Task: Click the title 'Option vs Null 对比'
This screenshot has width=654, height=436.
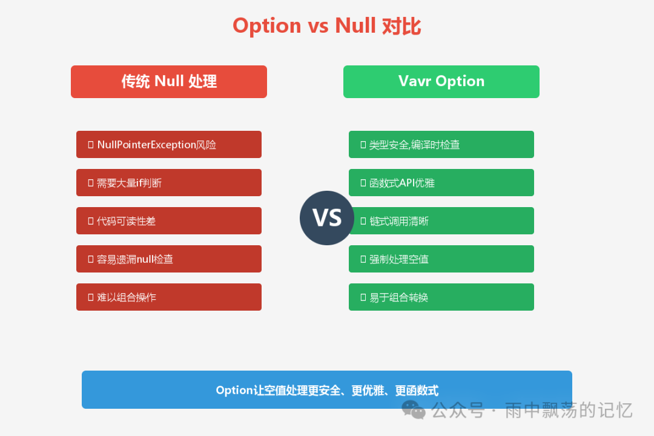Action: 327,26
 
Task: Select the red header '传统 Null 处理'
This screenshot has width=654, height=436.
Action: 169,82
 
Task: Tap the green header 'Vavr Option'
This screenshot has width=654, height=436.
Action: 441,82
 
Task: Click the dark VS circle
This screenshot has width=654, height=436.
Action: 327,218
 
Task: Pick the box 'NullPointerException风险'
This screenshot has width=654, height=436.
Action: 169,145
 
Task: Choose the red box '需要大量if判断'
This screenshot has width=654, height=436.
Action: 169,183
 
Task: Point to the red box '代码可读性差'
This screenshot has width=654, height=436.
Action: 169,221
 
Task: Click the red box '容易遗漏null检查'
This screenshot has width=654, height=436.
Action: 169,259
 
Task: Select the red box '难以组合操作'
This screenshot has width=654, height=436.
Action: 169,297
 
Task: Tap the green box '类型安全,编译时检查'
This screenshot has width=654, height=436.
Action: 441,145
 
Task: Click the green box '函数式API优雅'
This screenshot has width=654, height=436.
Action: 441,183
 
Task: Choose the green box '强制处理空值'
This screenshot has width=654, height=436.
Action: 441,259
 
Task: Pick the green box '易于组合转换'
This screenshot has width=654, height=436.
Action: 441,297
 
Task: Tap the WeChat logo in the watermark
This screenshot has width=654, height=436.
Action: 414,410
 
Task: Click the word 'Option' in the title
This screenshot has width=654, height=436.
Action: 266,26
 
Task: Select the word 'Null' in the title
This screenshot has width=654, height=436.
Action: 355,26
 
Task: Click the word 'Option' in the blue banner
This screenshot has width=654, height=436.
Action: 234,391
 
